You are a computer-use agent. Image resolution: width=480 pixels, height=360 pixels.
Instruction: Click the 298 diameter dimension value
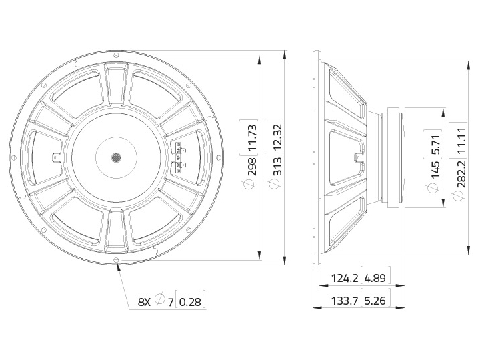pyautogui.click(x=252, y=167)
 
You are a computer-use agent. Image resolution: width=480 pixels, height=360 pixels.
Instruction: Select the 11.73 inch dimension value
pyautogui.click(x=252, y=137)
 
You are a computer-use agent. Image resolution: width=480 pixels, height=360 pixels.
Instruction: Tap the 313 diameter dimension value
pyautogui.click(x=277, y=167)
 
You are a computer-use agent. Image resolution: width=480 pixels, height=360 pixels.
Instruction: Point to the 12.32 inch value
pyautogui.click(x=277, y=137)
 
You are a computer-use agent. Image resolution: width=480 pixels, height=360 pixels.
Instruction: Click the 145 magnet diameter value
pyautogui.click(x=435, y=170)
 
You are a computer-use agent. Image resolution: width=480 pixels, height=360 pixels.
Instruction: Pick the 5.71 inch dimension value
pyautogui.click(x=435, y=145)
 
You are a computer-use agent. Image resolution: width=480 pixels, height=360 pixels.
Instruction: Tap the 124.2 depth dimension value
pyautogui.click(x=345, y=278)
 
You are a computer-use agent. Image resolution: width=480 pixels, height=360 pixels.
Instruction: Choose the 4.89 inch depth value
pyautogui.click(x=375, y=278)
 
